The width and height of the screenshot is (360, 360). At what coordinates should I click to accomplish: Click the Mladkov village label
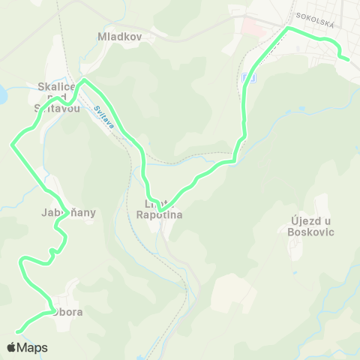(x=116, y=35)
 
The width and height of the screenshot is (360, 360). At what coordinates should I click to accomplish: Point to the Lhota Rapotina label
(x=159, y=208)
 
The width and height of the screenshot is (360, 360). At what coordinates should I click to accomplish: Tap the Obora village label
(x=67, y=311)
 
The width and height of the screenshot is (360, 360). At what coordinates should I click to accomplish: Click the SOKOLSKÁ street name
(x=314, y=15)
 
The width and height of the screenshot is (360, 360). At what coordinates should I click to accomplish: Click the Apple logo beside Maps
(x=11, y=347)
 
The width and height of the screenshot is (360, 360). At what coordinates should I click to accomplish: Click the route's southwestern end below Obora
(x=17, y=331)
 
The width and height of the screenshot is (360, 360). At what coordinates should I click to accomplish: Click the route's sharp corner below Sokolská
(x=287, y=28)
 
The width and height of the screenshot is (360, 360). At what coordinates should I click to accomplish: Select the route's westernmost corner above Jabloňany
(x=12, y=144)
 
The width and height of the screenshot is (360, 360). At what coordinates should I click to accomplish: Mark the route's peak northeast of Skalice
(x=84, y=79)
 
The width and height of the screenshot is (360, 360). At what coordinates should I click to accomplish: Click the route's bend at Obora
(x=51, y=308)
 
